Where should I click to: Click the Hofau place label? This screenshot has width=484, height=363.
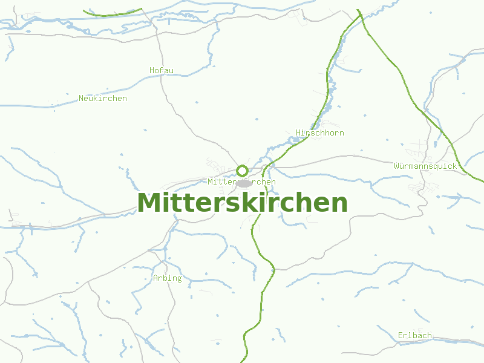(162, 70)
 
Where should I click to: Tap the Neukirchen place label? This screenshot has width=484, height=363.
(103, 98)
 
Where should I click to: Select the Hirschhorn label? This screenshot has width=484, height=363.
(320, 132)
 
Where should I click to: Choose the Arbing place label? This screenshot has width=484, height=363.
(168, 278)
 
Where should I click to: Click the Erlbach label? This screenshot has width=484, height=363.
(415, 335)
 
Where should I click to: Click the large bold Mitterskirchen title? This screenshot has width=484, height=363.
(242, 203)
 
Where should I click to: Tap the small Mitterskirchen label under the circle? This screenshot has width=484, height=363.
(241, 181)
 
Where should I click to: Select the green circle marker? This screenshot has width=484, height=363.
(243, 171)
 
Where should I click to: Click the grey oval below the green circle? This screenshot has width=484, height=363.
(244, 183)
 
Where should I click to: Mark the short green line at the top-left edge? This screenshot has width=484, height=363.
(112, 13)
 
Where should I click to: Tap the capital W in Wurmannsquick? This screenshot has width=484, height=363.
(396, 166)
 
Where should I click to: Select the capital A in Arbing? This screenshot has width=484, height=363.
(155, 278)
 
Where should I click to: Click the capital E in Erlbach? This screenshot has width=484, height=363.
(401, 335)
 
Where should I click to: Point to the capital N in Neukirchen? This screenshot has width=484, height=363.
(82, 98)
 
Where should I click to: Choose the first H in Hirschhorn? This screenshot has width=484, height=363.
(299, 132)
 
